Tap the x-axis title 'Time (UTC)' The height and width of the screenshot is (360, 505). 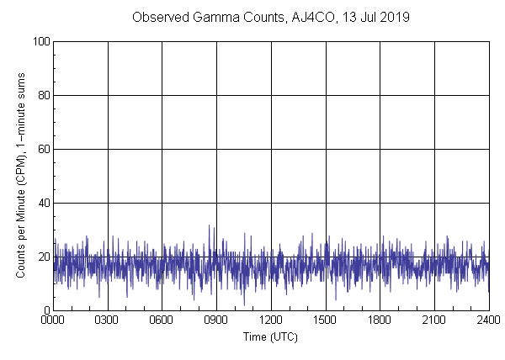(x=270, y=336)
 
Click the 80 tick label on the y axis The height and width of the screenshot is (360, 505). (x=41, y=96)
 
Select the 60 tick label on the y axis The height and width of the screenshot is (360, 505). (x=41, y=150)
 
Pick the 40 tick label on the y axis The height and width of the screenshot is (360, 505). (x=41, y=204)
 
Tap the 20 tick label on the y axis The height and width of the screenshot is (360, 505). (x=41, y=257)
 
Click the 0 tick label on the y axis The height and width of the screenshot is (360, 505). (x=45, y=311)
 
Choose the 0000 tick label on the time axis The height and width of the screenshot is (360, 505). (x=53, y=320)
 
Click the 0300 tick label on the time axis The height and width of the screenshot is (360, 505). (x=108, y=320)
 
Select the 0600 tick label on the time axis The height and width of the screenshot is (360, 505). (x=162, y=320)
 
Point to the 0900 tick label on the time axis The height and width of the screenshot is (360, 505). (x=216, y=320)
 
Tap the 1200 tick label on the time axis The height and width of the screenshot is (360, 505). (x=271, y=320)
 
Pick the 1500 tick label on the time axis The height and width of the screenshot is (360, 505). (x=325, y=320)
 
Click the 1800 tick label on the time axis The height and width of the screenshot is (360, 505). (x=380, y=320)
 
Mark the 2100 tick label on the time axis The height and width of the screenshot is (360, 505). (x=434, y=320)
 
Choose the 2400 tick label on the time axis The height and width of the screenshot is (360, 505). (x=488, y=320)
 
